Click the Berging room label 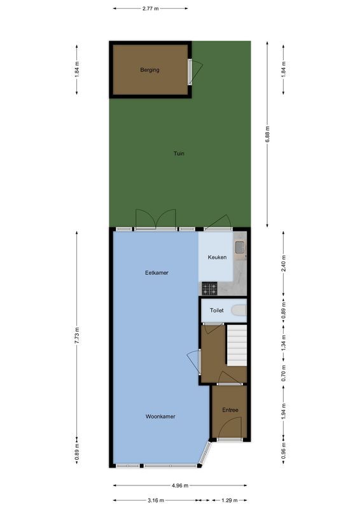click(149, 70)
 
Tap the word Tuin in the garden click(181, 153)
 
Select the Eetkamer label click(156, 273)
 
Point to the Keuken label click(218, 258)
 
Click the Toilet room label click(218, 310)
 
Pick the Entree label click(230, 410)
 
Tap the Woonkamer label click(160, 417)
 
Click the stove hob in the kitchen click(210, 289)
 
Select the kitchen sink click(239, 247)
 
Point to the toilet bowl click(239, 310)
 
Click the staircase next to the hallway click(237, 345)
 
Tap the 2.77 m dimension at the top click(151, 8)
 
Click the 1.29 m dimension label click(228, 501)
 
